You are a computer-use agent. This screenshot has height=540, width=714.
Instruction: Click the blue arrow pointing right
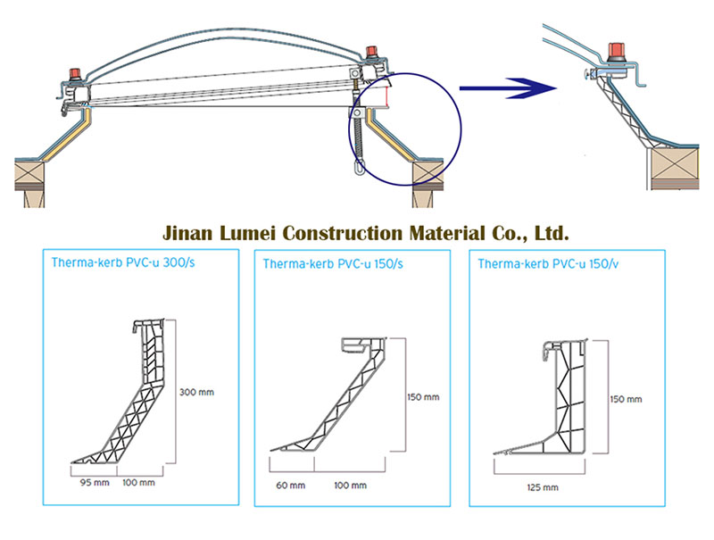pos(504,88)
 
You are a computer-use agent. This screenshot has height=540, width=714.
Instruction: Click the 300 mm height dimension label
pos(196,392)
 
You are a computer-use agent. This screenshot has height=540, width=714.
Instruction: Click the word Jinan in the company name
pos(186,234)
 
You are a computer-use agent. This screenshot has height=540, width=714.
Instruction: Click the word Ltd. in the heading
pos(549,234)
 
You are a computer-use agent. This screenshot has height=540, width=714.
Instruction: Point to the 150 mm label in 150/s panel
pos(423,396)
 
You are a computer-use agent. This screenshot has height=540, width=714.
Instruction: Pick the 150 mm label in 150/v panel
pos(626,399)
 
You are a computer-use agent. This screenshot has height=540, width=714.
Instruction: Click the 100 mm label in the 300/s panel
pos(138,483)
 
